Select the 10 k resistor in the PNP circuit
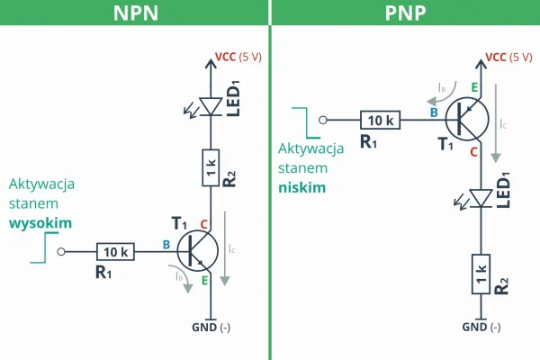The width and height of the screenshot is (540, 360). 380,119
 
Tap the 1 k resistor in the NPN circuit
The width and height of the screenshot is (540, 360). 211,167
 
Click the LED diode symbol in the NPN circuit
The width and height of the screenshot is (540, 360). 211,106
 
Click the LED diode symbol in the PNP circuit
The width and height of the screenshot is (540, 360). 481,198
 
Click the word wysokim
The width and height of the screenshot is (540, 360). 40,222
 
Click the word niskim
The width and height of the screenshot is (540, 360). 301,187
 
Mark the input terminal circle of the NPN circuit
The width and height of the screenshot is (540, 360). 61,252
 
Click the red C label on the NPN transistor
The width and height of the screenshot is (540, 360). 204,224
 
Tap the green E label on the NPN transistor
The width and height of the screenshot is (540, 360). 205,281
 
